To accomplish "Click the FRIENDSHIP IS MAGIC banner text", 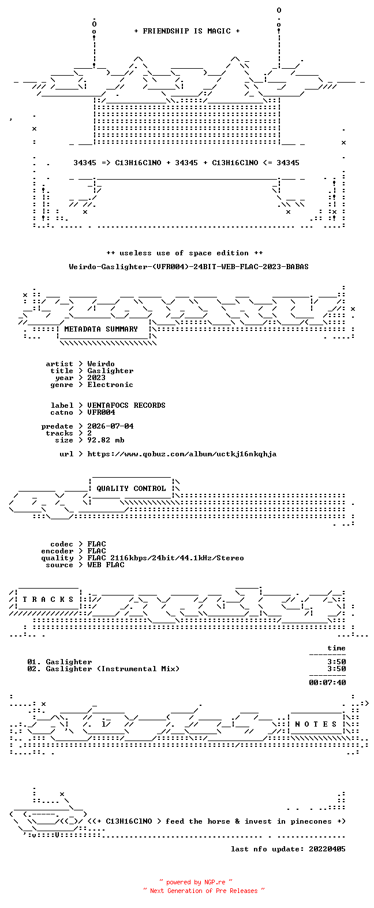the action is click(187, 31).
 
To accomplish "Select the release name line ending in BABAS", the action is click(188, 267).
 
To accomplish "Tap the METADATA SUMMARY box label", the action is click(101, 329).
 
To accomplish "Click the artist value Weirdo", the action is click(101, 364).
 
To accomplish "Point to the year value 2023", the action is click(96, 378).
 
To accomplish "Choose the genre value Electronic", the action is click(110, 385).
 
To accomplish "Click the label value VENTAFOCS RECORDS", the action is click(126, 405).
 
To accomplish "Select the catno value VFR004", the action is click(102, 412).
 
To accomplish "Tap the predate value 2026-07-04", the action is click(110, 426).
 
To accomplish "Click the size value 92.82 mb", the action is click(106, 440).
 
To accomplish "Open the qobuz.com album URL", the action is click(182, 454).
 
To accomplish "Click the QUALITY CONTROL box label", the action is click(131, 489).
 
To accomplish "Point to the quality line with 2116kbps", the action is click(166, 558).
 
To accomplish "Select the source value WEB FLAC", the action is click(106, 565).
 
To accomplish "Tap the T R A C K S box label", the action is click(48, 600).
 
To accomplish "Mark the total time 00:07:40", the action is click(327, 683).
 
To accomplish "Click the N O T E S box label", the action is click(316, 724).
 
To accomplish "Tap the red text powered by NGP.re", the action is click(196, 882).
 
